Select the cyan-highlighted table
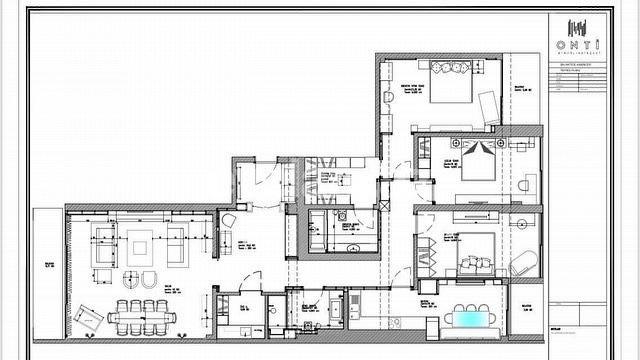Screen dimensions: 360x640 tap(469, 319)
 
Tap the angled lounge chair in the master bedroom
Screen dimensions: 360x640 tap(487, 107)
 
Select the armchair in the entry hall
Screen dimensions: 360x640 tap(228, 219)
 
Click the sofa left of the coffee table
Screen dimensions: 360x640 tap(103, 242)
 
